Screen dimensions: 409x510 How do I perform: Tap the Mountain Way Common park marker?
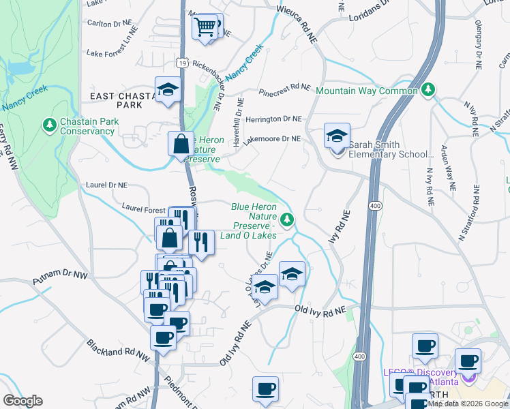click(428, 90)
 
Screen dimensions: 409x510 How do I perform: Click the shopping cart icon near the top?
click(205, 27)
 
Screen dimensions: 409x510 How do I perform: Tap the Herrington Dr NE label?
click(273, 119)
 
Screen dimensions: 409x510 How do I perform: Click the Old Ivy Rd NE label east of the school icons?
click(320, 309)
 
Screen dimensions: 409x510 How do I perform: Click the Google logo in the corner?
click(22, 401)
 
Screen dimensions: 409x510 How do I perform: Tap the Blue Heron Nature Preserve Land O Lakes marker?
click(288, 219)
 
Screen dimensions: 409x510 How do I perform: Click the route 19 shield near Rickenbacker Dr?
click(181, 63)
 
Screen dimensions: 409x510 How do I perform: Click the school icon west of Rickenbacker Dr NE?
click(166, 90)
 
